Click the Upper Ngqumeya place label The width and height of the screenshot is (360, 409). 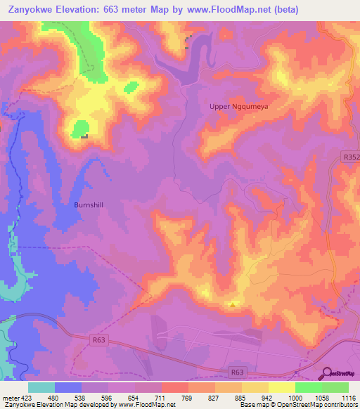240,106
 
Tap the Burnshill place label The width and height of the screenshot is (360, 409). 89,205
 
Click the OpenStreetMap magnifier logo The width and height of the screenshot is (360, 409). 326,373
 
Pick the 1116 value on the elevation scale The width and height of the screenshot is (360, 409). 348,398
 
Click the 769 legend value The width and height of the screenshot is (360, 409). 188,398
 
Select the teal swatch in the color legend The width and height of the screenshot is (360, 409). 41,387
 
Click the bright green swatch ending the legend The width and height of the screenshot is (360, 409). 335,387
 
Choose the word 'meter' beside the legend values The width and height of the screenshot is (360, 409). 10,398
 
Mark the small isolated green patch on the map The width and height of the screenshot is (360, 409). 130,87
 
